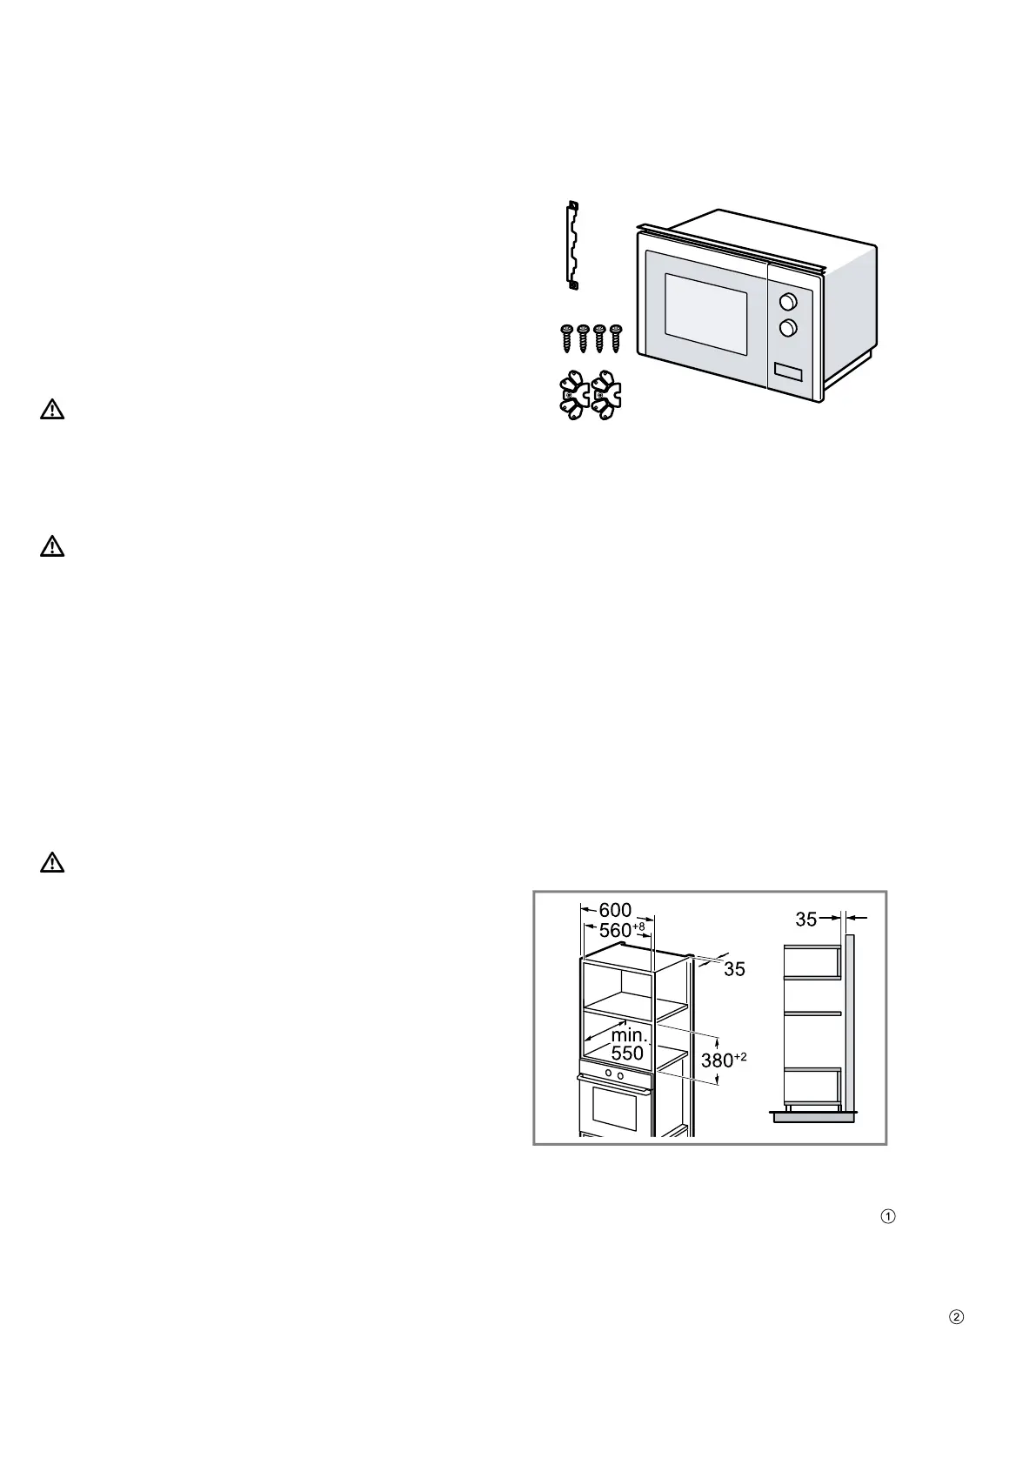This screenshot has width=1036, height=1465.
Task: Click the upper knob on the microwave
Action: [x=788, y=301]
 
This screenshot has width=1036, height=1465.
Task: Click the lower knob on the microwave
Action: [x=788, y=328]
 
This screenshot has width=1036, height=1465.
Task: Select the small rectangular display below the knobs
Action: [x=787, y=372]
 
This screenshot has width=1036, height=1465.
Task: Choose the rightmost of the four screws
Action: [x=617, y=338]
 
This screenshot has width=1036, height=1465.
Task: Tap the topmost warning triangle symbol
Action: [x=52, y=410]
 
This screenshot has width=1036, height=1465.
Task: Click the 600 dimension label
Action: [x=615, y=910]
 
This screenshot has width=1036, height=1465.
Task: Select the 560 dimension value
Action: [x=616, y=930]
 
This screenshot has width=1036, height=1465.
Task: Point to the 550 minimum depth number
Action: [x=626, y=1054]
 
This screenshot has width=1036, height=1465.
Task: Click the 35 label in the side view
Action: [x=806, y=919]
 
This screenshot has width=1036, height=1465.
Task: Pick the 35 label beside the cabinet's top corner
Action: [x=734, y=969]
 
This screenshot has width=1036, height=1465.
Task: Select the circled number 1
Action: [x=888, y=1217]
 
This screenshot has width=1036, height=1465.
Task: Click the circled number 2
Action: [x=955, y=1317]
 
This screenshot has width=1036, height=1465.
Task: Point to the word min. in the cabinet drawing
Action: [x=629, y=1035]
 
